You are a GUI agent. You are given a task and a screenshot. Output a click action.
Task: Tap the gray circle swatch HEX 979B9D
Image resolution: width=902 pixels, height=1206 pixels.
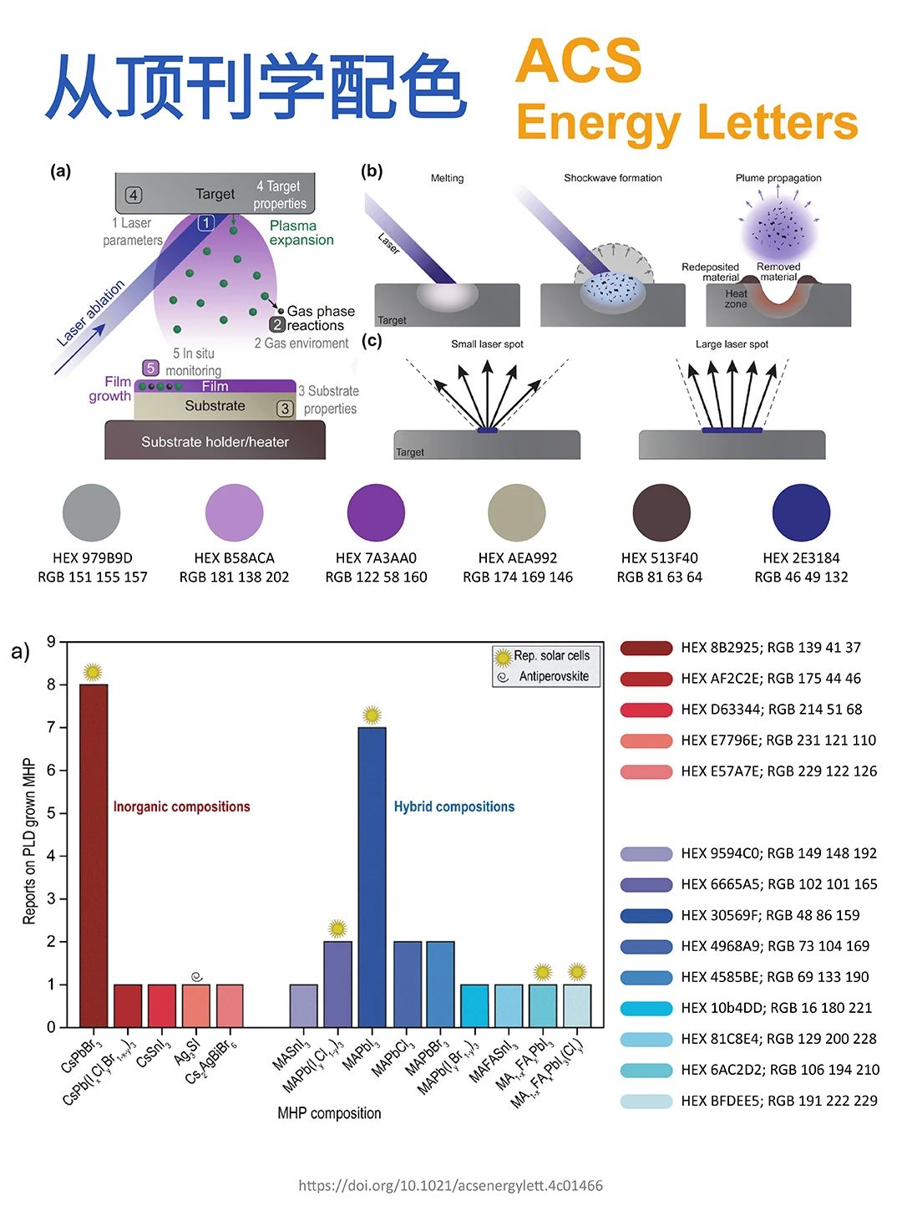coord(92,512)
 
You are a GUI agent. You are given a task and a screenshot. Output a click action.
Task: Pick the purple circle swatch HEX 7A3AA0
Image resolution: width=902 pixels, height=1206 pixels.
coord(376,512)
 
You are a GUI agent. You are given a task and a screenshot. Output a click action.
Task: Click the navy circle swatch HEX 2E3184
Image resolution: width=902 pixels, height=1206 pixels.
coord(801,512)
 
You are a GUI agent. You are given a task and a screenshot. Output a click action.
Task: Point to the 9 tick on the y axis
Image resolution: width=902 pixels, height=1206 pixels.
coord(52,642)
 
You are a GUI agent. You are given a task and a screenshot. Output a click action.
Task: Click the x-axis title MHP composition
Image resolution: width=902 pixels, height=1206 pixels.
coord(329,1113)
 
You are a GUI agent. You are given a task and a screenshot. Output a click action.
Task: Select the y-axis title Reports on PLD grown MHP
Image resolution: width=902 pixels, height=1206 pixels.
coord(29,841)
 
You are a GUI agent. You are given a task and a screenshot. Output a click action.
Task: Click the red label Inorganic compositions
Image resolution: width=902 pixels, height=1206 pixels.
coord(181,807)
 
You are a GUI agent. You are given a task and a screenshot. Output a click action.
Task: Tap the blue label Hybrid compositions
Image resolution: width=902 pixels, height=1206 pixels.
coord(454,807)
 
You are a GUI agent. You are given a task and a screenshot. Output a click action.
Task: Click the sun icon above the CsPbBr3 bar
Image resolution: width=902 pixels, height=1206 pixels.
coord(93,671)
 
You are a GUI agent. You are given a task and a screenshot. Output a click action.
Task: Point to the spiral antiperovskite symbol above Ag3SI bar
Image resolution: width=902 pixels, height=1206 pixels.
coord(196,975)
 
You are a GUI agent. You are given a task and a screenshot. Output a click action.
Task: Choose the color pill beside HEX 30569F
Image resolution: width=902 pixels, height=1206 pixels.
coord(646,915)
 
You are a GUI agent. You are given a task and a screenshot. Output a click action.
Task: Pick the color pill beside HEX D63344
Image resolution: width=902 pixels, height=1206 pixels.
coord(646,710)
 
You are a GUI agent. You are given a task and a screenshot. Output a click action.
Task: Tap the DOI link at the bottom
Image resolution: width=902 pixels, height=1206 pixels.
coord(450,1185)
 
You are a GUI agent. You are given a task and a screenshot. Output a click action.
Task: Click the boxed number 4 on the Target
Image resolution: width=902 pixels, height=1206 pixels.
coord(134,196)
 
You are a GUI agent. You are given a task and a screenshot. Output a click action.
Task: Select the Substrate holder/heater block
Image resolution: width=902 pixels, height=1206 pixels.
coord(215,441)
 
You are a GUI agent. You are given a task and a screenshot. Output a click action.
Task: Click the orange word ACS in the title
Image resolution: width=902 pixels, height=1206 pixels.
coord(579,60)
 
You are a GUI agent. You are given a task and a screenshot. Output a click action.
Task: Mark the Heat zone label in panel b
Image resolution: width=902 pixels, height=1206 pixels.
coord(736,298)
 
